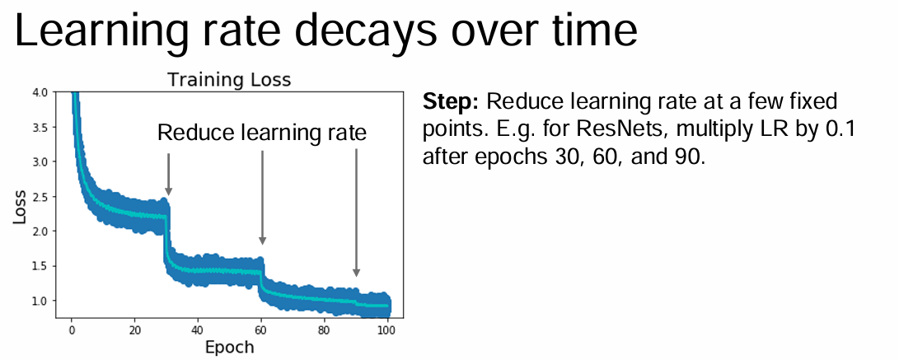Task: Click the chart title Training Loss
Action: [x=229, y=80]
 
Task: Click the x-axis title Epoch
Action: [x=229, y=347]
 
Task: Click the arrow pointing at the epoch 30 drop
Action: [x=169, y=174]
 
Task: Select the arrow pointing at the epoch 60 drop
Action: [x=263, y=197]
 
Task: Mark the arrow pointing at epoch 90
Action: [x=356, y=213]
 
